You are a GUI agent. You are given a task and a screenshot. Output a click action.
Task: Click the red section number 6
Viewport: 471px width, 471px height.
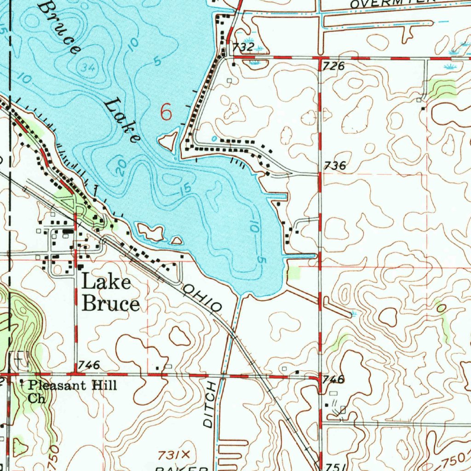[166, 112]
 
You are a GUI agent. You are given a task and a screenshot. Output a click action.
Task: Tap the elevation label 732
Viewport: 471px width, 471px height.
[243, 47]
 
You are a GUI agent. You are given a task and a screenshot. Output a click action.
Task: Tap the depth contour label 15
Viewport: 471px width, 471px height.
[184, 189]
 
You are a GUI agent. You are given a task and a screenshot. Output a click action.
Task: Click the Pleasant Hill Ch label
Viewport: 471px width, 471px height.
[69, 391]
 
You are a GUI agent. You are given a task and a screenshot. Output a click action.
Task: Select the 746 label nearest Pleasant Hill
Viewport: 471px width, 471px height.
[89, 365]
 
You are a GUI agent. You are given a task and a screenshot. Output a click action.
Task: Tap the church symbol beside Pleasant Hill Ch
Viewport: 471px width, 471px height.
[22, 382]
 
